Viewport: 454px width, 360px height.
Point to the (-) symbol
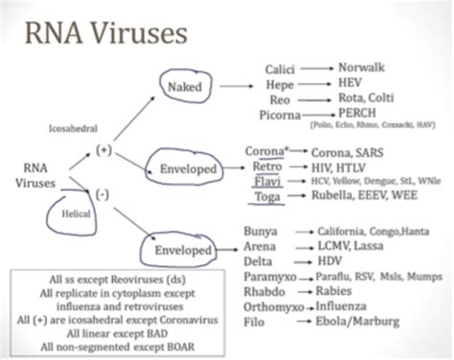(x=102, y=196)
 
